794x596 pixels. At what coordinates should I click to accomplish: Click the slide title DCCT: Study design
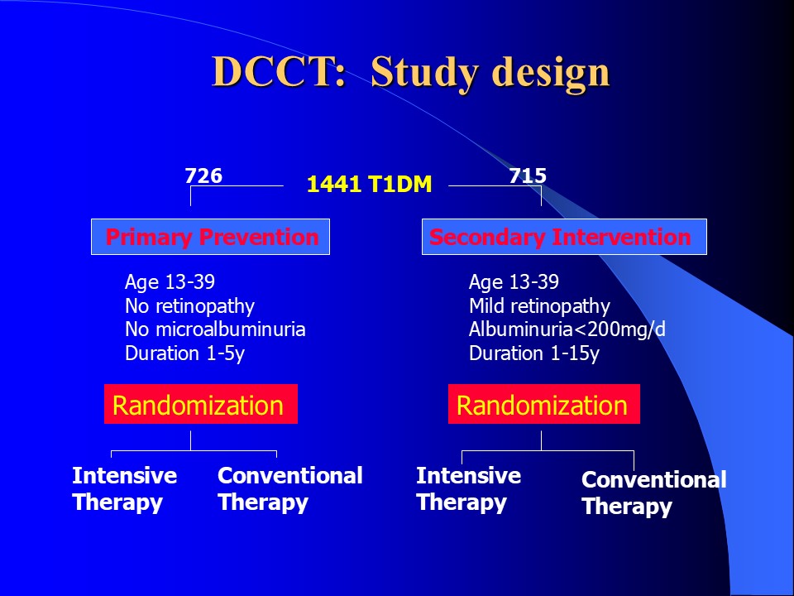[411, 72]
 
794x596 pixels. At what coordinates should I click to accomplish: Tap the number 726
[203, 175]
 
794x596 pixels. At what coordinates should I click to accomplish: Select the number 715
[528, 175]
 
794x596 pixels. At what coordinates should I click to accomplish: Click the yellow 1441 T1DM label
[369, 184]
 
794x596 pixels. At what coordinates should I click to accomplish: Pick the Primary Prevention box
[210, 237]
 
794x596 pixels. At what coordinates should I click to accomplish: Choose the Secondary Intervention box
[564, 237]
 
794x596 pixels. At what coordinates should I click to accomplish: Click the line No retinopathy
[190, 306]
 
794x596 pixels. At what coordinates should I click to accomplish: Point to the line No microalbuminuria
[215, 329]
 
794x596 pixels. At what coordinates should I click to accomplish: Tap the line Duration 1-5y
[184, 353]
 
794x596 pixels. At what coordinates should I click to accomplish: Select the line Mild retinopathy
[539, 306]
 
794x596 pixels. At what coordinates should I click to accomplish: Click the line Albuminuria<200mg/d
[567, 329]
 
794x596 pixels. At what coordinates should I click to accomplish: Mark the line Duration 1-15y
[534, 353]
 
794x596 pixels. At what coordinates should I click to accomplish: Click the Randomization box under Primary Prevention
[201, 404]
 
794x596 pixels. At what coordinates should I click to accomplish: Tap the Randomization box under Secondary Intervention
[544, 404]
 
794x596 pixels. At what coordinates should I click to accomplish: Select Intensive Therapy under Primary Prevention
[125, 489]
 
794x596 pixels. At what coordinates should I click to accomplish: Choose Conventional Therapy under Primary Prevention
[290, 489]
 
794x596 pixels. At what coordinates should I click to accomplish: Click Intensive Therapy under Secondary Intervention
[468, 489]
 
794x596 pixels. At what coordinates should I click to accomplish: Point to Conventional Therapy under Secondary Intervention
[653, 493]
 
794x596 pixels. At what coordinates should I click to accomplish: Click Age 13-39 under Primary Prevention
[170, 281]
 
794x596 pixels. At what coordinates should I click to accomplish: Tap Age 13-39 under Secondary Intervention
[514, 281]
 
